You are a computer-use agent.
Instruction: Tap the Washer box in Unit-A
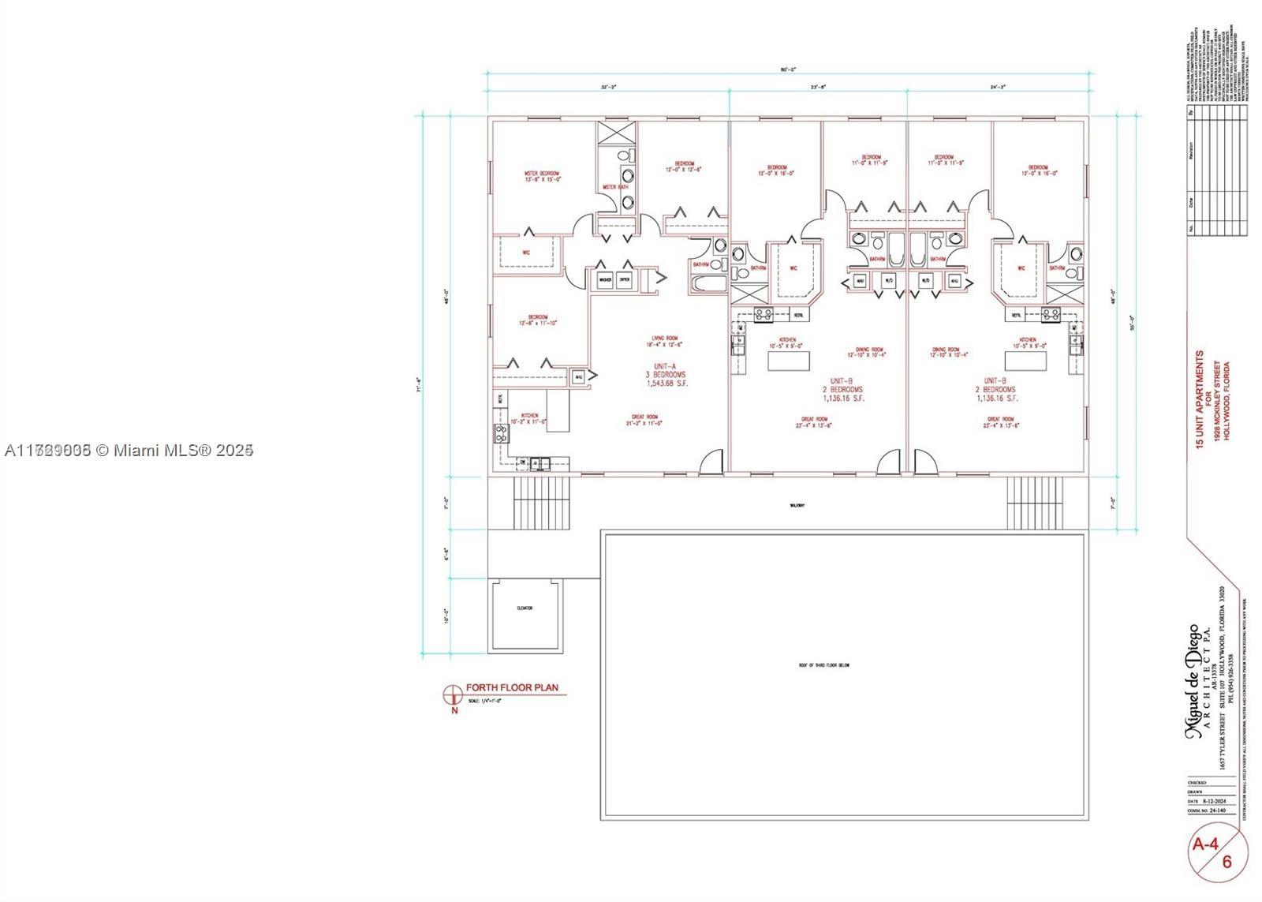tap(606, 279)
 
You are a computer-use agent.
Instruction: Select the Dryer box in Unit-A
tap(624, 279)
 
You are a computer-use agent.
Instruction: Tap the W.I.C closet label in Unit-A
tap(525, 253)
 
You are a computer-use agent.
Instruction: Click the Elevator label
tap(525, 608)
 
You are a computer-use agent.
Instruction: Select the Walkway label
tap(797, 505)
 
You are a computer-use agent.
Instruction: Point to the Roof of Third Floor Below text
tap(823, 665)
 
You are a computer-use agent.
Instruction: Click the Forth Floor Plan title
tap(511, 687)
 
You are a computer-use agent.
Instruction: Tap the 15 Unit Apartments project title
tap(1200, 400)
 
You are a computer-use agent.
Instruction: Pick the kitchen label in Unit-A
tap(529, 418)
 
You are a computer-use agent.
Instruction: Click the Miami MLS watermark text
tap(129, 450)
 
